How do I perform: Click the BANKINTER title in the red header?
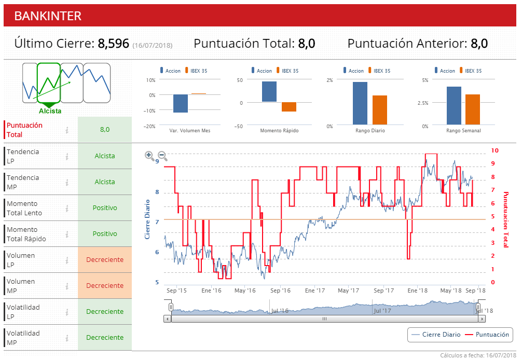[48, 16]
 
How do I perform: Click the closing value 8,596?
[113, 44]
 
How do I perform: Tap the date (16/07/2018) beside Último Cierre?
[152, 46]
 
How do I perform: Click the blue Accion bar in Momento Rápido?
[269, 92]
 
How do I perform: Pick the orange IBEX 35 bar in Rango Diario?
[380, 110]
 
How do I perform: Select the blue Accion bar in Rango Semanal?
[454, 106]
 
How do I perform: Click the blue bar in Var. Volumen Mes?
[181, 104]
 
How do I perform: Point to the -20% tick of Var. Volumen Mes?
[150, 126]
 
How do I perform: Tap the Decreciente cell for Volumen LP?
[105, 260]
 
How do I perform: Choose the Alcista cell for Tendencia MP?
[105, 182]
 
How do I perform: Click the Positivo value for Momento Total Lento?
[105, 208]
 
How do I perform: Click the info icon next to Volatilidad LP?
[67, 312]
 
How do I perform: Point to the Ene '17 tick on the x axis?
[315, 290]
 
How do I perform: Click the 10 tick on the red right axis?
[494, 150]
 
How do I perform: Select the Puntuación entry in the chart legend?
[492, 335]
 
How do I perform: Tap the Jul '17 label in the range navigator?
[382, 311]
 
